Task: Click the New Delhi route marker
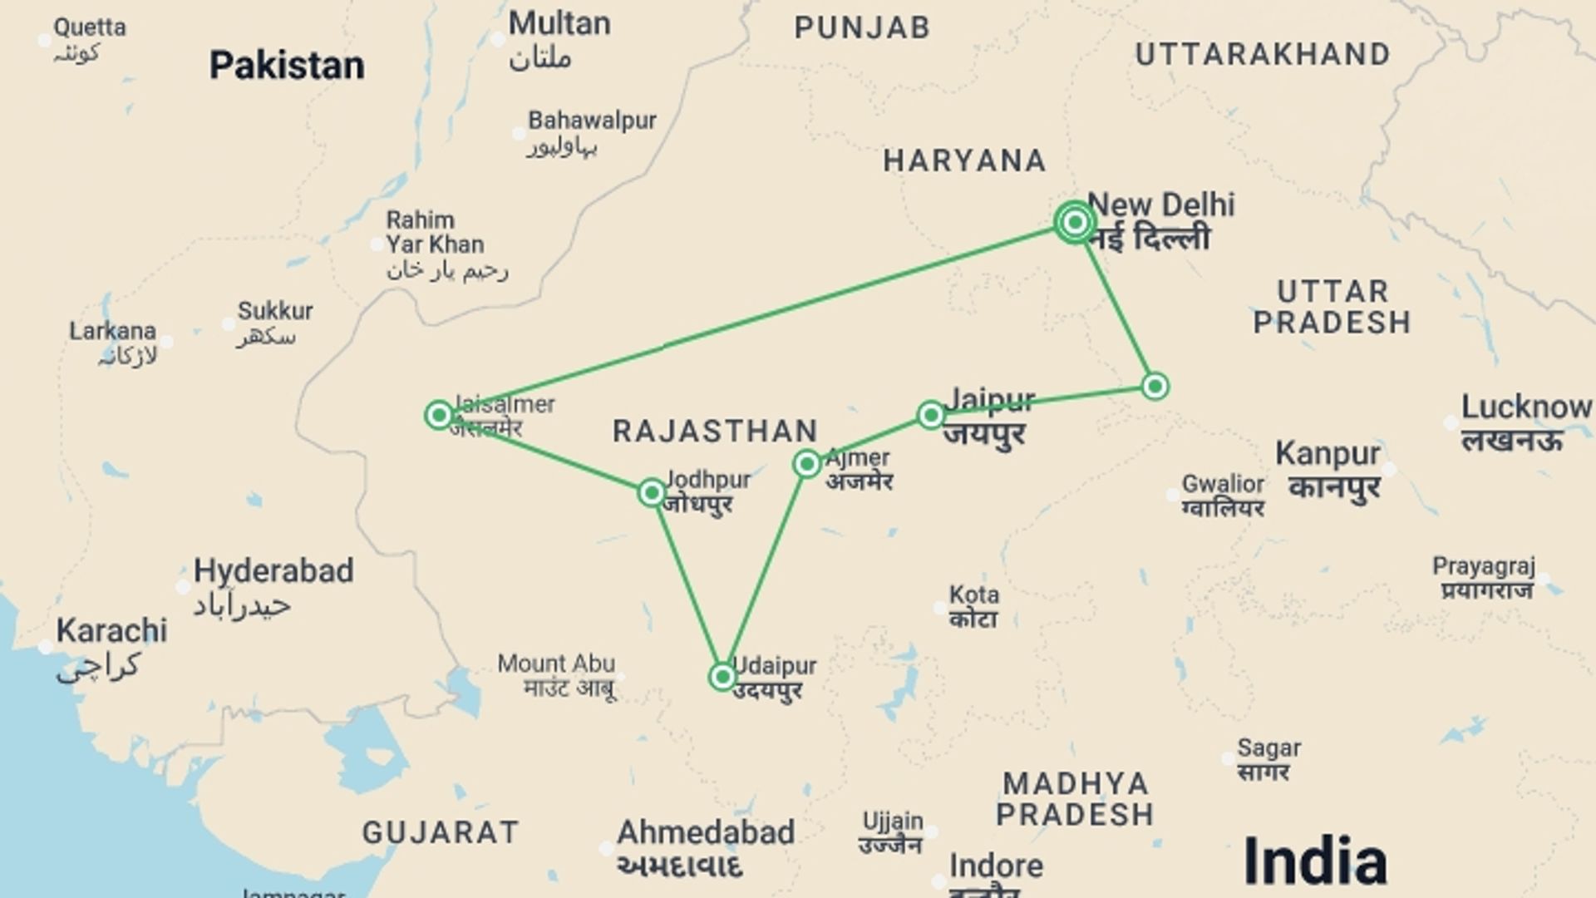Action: [1075, 222]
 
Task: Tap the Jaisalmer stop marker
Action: [439, 414]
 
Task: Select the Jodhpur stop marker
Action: [652, 493]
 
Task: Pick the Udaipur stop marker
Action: [722, 676]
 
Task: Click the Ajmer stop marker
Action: [807, 464]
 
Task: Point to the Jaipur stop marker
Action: [931, 414]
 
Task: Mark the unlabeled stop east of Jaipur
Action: [1155, 386]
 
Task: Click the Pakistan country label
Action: [287, 66]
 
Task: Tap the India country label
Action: [1314, 861]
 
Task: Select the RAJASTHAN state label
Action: [716, 432]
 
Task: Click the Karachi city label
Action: [111, 631]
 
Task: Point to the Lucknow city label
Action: [1526, 407]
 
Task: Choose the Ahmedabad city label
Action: [706, 832]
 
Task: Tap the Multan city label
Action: [559, 24]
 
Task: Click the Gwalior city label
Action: [1223, 484]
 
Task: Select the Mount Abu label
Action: [556, 664]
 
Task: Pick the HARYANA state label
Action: [964, 160]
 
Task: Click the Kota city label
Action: [974, 595]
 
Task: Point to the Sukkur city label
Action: [275, 311]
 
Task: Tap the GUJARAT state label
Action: [441, 832]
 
